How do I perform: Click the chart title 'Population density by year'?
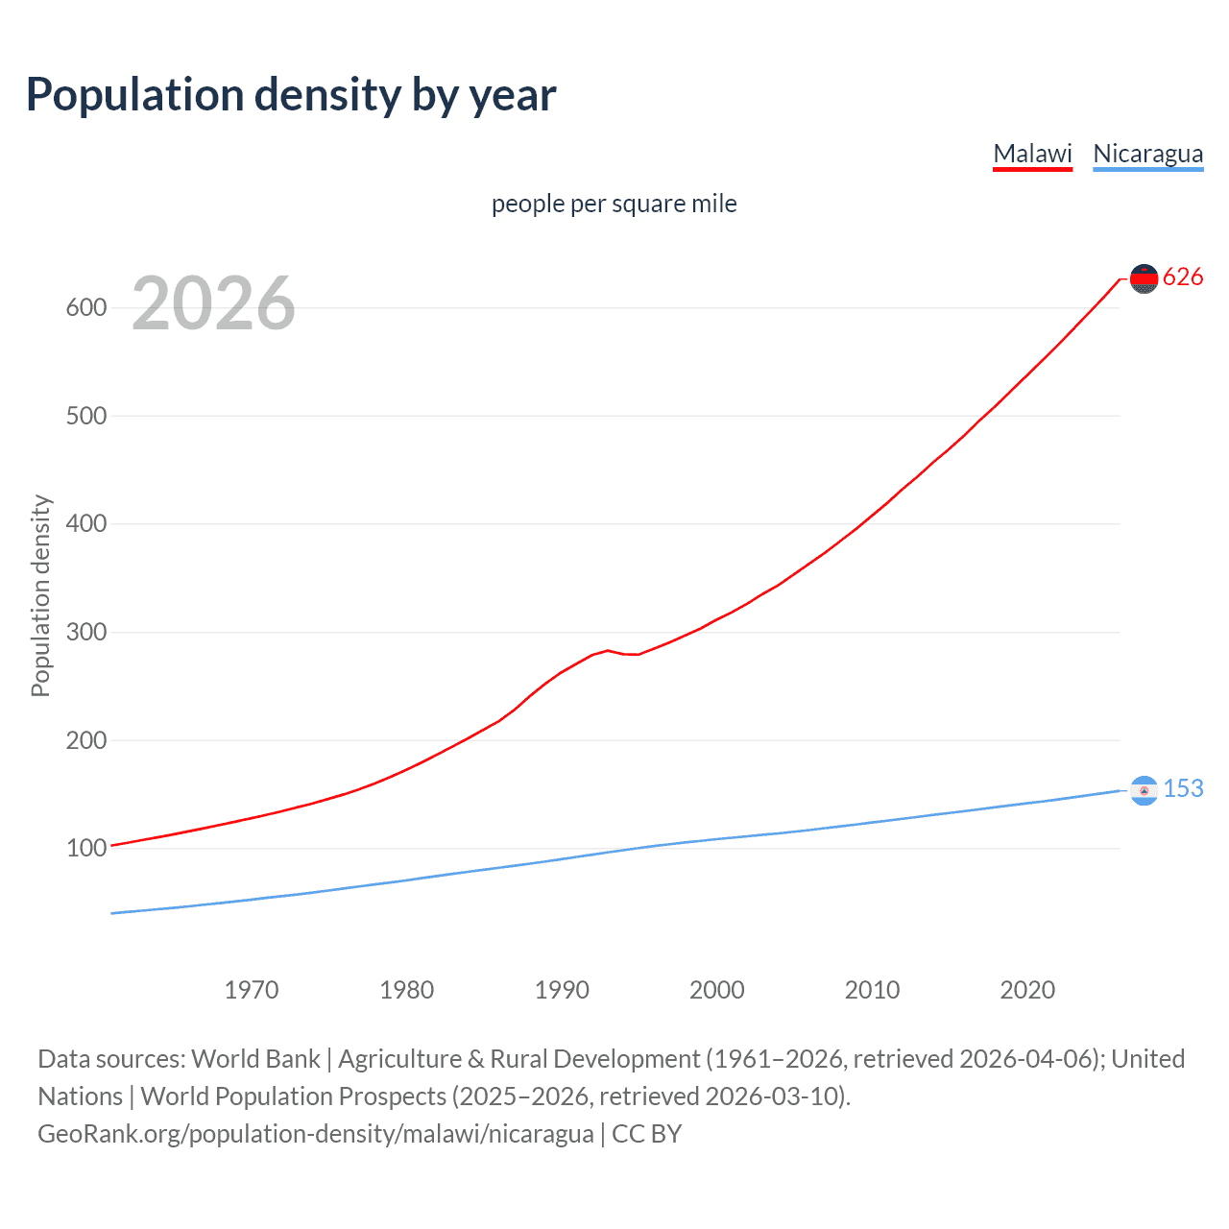(x=291, y=95)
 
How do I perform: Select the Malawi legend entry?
(x=1032, y=154)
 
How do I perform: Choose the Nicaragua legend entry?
(x=1147, y=154)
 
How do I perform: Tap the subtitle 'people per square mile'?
(x=614, y=204)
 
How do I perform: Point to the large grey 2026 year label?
(x=213, y=303)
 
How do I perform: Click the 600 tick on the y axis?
(x=85, y=308)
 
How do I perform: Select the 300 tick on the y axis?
(x=85, y=633)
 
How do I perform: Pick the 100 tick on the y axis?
(x=85, y=849)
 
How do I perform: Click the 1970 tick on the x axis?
(x=251, y=990)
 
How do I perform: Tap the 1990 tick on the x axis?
(x=562, y=990)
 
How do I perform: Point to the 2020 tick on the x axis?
(x=1027, y=990)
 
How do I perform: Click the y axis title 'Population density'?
(x=40, y=595)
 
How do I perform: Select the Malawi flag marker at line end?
(x=1144, y=278)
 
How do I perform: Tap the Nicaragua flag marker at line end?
(x=1144, y=790)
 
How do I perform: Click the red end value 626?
(x=1183, y=277)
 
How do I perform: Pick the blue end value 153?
(x=1183, y=788)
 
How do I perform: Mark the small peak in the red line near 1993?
(x=608, y=650)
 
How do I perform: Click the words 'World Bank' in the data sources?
(x=255, y=1059)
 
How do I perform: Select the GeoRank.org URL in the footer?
(x=315, y=1134)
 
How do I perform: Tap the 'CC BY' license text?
(x=646, y=1134)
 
